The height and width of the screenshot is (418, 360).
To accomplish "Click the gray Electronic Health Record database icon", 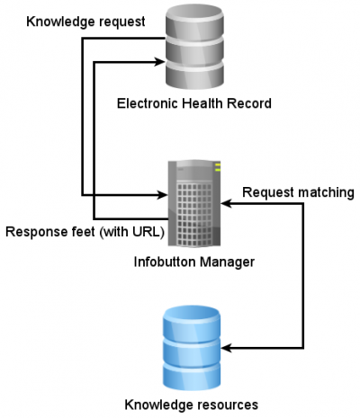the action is [x=194, y=47].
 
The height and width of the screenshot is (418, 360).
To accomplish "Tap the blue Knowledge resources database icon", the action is [x=192, y=348].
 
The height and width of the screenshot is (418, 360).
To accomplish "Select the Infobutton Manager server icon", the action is [x=194, y=203].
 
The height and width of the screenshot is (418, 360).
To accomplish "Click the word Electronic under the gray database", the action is [x=148, y=103].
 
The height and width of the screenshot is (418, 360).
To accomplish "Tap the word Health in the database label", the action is [x=202, y=103].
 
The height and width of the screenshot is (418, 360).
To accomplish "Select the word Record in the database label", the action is [x=249, y=103].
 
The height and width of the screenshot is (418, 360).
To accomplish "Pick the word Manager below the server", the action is [x=227, y=262].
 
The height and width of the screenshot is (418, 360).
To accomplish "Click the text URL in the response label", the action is [x=145, y=232].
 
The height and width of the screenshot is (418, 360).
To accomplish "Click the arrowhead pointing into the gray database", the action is [x=160, y=62].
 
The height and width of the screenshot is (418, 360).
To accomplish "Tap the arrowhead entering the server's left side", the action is [x=162, y=195].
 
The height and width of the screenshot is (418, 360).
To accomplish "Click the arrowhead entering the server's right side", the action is [x=226, y=204].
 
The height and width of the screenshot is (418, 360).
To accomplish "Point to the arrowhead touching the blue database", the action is [x=227, y=348].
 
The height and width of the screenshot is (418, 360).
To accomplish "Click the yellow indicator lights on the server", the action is [x=218, y=167].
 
